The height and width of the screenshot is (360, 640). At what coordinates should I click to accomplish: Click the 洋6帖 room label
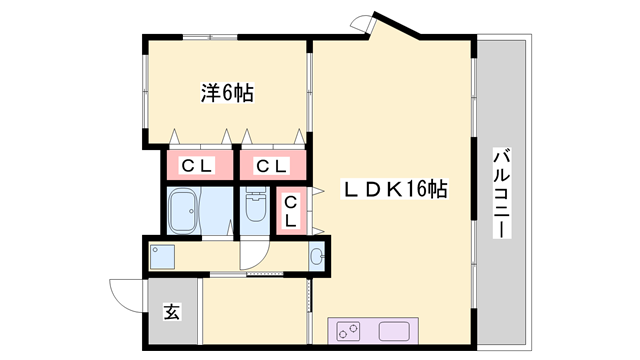pyautogui.click(x=227, y=93)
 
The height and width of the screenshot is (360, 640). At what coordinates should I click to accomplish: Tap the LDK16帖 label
pyautogui.click(x=395, y=189)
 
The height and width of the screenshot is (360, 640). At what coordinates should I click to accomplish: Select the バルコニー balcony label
pyautogui.click(x=502, y=193)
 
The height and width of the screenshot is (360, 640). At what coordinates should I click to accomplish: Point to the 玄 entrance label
pyautogui.click(x=172, y=312)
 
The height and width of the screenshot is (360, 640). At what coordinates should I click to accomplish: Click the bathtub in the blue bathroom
pyautogui.click(x=184, y=211)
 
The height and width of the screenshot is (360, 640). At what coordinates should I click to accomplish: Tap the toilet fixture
pyautogui.click(x=256, y=205)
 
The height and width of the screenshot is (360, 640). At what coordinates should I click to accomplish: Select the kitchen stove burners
pyautogui.click(x=349, y=331)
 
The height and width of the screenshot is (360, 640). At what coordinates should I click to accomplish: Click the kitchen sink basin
pyautogui.click(x=394, y=331)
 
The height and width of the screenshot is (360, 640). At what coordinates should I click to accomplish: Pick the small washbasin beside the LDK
pyautogui.click(x=317, y=256)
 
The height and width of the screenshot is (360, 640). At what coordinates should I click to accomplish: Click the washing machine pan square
pyautogui.click(x=162, y=257)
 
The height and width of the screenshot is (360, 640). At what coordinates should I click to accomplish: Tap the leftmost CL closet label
pyautogui.click(x=197, y=166)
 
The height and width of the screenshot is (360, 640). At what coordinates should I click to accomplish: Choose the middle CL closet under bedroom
pyautogui.click(x=271, y=166)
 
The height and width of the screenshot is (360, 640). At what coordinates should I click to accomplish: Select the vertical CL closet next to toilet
pyautogui.click(x=290, y=211)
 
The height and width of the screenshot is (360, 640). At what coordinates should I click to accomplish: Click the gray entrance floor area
pyautogui.click(x=173, y=311)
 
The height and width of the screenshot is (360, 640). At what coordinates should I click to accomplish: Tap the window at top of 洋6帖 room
pyautogui.click(x=210, y=38)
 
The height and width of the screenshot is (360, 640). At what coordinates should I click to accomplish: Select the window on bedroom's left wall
pyautogui.click(x=145, y=91)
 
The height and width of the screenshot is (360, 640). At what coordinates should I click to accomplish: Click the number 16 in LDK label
pyautogui.click(x=415, y=189)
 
